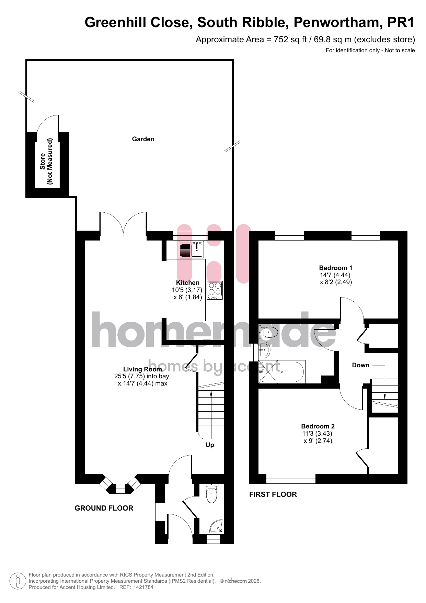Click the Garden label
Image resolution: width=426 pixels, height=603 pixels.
point(143,139)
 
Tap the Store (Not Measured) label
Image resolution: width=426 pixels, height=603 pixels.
point(46,161)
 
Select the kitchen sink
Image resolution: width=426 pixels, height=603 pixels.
point(191,249)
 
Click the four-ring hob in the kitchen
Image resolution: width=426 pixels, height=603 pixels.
point(215,290)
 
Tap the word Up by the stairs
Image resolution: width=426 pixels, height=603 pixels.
point(210,445)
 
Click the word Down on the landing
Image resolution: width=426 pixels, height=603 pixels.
point(361,365)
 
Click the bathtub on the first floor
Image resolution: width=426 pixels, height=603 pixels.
point(282,371)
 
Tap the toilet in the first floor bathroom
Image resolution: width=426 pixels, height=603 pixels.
point(268,332)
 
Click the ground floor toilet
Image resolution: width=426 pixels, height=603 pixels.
point(211,493)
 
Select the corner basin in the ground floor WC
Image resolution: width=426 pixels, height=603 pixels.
point(217,527)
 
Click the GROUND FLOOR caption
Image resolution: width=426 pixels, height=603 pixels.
point(104,508)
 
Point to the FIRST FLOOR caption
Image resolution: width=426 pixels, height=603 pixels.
point(273,494)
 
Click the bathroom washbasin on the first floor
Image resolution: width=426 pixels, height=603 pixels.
point(264,350)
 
